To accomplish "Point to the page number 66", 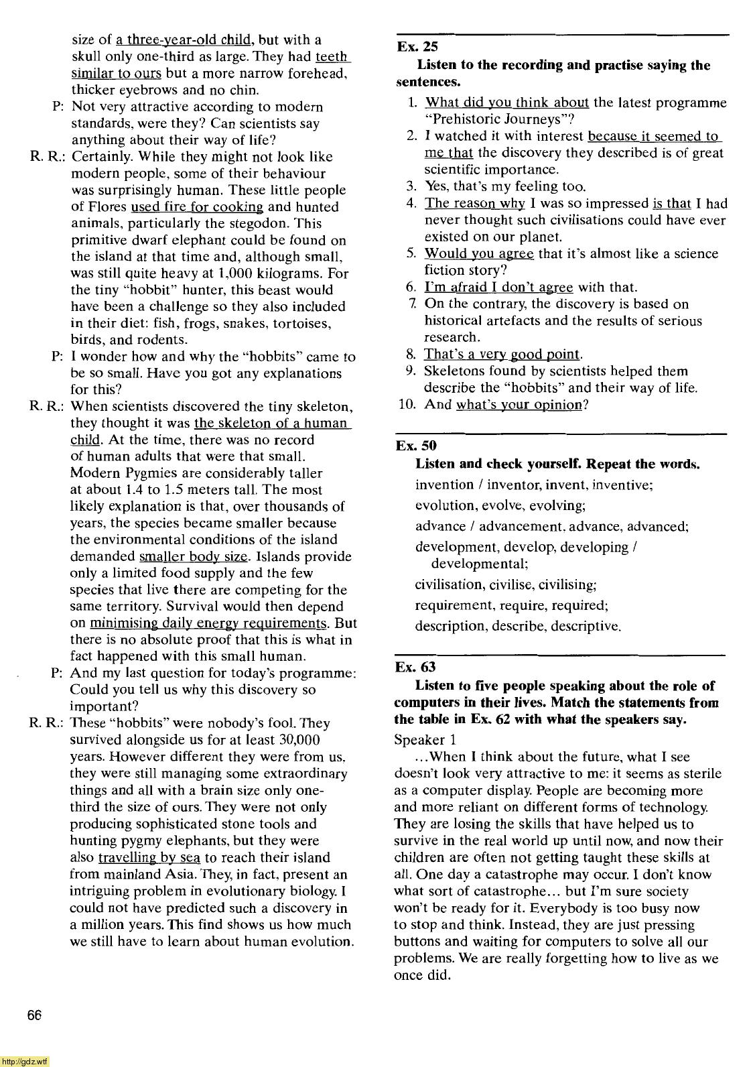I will tap(35, 1015).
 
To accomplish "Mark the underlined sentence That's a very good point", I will tap(502, 355).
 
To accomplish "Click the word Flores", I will tap(107, 207).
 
